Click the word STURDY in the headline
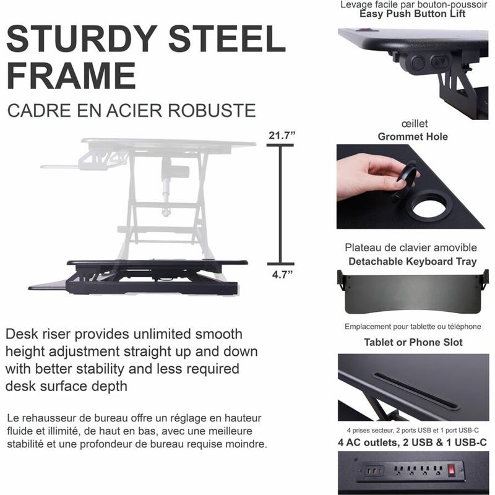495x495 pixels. point(82,38)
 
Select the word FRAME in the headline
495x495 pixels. point(71,76)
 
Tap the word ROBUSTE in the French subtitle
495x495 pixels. point(212,111)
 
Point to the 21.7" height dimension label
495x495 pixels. point(282,136)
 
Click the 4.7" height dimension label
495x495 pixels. point(283,275)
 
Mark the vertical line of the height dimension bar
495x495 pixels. point(280,205)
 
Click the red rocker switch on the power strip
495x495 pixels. point(452,470)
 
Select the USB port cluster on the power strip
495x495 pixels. point(374,471)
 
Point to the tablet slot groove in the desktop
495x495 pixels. point(415,392)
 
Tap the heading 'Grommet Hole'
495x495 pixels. point(413,137)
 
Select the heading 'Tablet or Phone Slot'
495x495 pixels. point(413,342)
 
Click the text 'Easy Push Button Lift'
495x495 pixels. point(413,14)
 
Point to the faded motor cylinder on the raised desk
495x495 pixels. point(174,173)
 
